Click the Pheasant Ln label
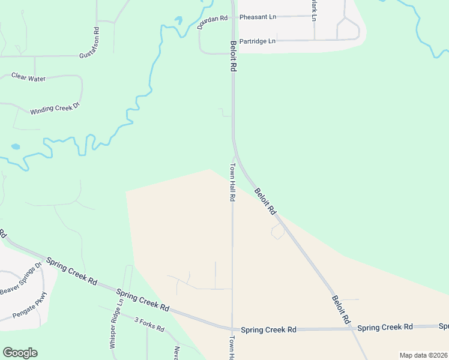(x=258, y=17)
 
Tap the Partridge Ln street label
(x=257, y=41)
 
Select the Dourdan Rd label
(x=212, y=23)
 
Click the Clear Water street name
(x=28, y=77)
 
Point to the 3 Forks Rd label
(x=149, y=325)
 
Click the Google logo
(x=20, y=353)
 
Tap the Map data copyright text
(x=423, y=355)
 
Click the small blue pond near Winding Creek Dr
(x=15, y=146)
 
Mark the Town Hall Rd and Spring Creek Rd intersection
(x=232, y=329)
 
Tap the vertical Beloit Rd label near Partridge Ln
(x=233, y=57)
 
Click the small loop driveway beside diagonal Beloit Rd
(x=278, y=232)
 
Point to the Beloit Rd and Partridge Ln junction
(x=233, y=41)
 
